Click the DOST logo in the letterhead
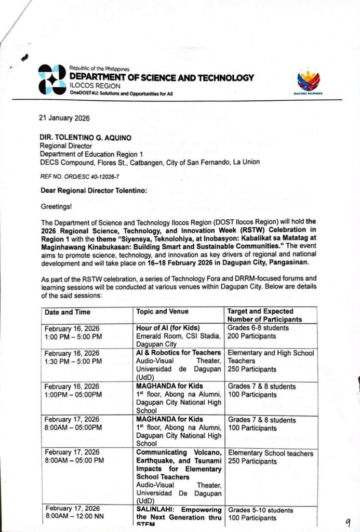[52, 79]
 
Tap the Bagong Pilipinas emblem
[309, 82]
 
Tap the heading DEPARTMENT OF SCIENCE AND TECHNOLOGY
[162, 78]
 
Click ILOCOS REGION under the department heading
[95, 86]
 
